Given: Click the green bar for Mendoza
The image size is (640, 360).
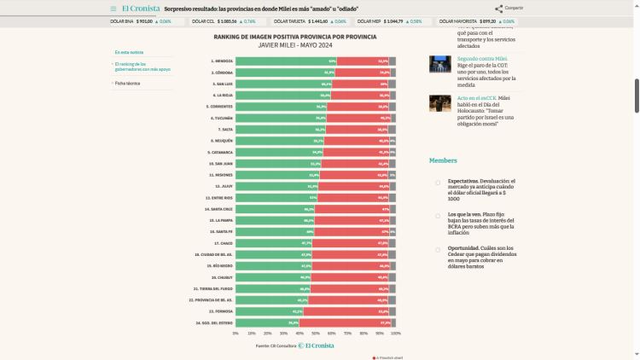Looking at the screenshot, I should pyautogui.click(x=286, y=61).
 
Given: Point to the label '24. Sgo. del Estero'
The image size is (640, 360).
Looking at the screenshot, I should pyautogui.click(x=213, y=322).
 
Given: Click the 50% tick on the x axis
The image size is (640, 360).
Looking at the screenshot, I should pyautogui.click(x=316, y=334).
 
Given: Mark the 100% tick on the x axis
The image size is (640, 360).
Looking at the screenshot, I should pyautogui.click(x=395, y=334).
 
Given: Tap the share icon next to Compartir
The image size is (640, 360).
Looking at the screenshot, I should pyautogui.click(x=498, y=9).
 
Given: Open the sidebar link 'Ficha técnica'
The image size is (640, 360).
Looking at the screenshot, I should pyautogui.click(x=128, y=84).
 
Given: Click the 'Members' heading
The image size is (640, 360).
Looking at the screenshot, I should pyautogui.click(x=443, y=160).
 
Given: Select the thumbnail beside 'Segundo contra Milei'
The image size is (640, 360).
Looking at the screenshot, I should pyautogui.click(x=440, y=64).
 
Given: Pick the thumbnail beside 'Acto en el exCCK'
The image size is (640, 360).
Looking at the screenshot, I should pyautogui.click(x=440, y=102).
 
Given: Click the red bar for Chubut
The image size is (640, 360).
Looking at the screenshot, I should pyautogui.click(x=350, y=277).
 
